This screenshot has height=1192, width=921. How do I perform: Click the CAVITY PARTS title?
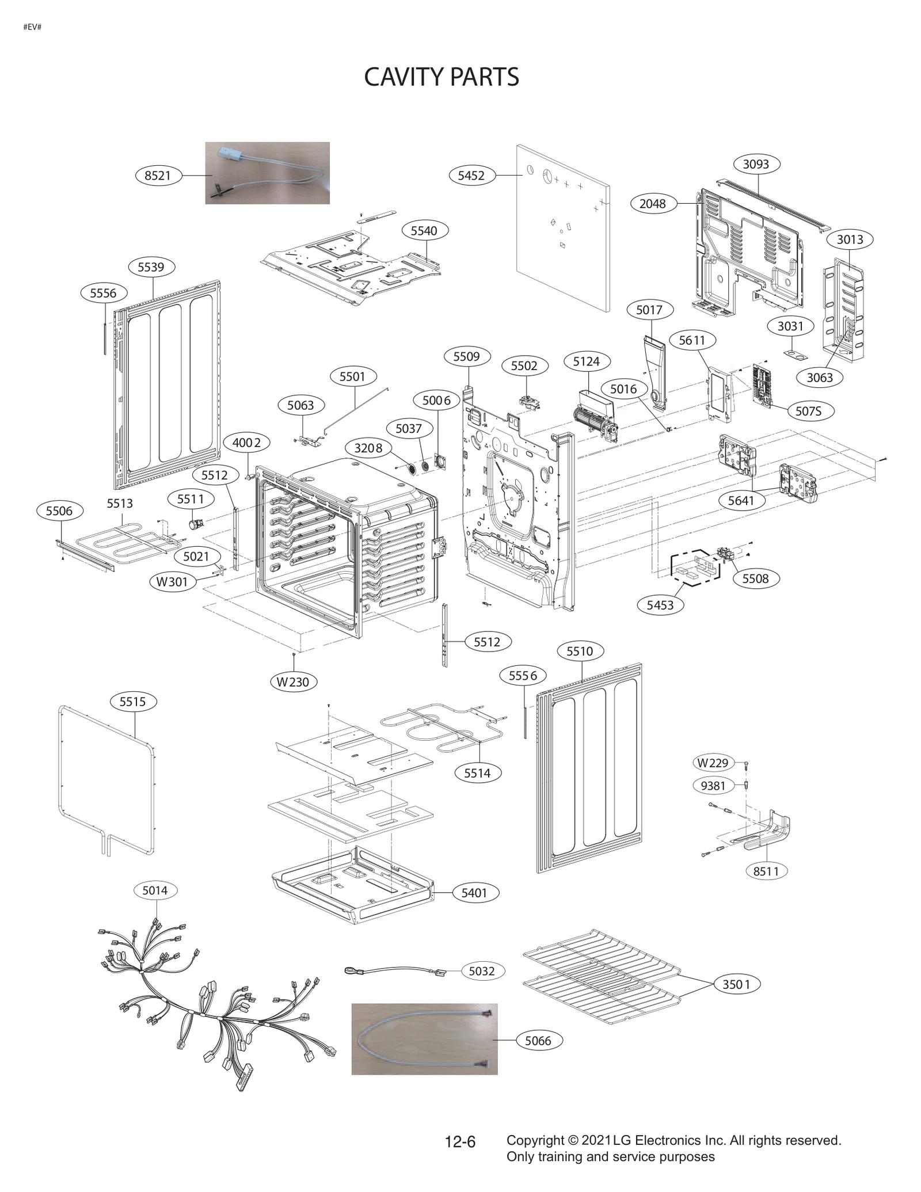[442, 77]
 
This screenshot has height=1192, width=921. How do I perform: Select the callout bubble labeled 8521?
[158, 176]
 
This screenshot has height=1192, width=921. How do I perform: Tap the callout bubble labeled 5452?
[471, 176]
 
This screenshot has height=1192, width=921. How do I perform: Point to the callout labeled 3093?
[756, 164]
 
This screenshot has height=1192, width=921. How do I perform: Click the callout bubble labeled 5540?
[424, 231]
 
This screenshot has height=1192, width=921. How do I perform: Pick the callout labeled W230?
[293, 682]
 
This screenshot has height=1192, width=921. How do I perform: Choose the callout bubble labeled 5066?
[538, 1041]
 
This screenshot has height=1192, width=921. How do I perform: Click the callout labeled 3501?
[736, 984]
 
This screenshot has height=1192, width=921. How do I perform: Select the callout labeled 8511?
[766, 871]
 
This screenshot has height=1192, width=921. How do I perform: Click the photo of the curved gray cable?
[424, 1039]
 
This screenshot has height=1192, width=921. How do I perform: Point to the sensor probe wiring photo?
[267, 173]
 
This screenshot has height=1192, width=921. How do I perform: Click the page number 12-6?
[460, 1142]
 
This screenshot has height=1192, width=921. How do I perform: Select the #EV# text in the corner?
[32, 27]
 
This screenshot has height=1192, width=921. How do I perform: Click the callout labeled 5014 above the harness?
[155, 891]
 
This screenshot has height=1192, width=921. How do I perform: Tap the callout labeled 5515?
[132, 702]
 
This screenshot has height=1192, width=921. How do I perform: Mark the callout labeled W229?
[713, 763]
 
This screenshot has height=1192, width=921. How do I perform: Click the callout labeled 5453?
[660, 605]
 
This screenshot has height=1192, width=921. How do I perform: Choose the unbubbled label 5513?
[120, 504]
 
